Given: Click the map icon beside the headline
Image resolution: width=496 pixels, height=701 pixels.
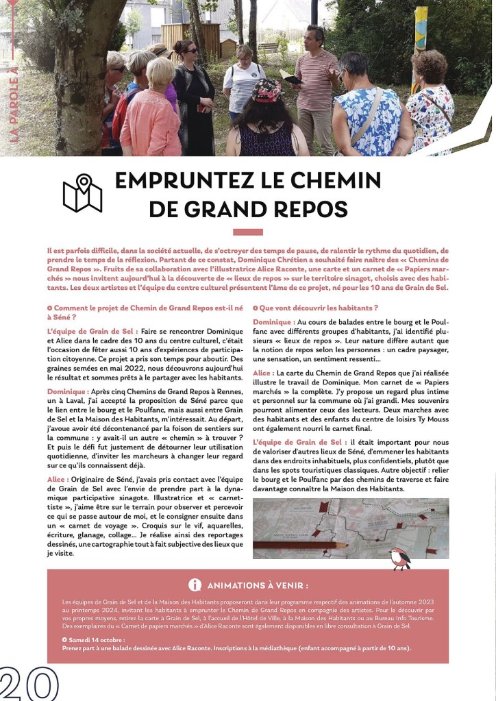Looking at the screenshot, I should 82,193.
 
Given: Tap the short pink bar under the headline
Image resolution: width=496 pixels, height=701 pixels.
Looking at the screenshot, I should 247,232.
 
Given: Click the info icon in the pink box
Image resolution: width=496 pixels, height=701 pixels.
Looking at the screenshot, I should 195,585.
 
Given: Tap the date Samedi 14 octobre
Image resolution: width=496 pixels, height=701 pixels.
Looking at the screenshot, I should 94,639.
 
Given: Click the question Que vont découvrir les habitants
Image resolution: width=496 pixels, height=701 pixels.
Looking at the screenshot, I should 318,308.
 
